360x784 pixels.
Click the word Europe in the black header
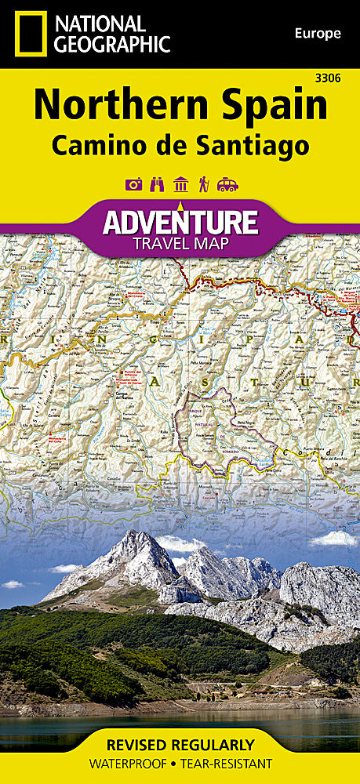click(318, 33)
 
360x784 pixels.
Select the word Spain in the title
click(271, 106)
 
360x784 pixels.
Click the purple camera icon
click(133, 185)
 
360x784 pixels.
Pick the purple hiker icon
click(203, 185)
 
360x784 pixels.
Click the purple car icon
click(227, 185)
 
